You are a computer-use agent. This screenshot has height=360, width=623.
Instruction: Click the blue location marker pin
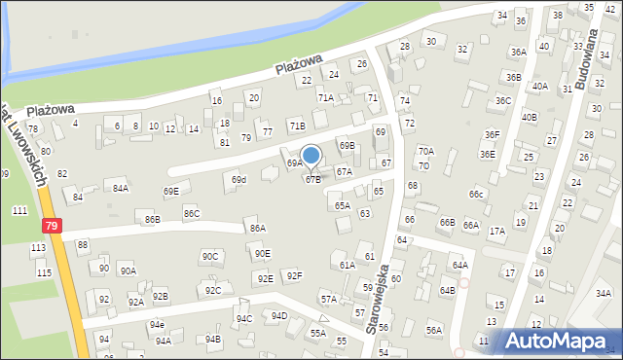point(311,156)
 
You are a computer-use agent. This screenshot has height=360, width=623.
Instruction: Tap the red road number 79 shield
point(51,226)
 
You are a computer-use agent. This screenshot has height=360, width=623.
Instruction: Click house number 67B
point(312,179)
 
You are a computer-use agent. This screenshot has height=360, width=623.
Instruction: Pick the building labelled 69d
point(238,180)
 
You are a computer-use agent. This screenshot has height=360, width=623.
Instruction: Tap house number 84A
point(120,189)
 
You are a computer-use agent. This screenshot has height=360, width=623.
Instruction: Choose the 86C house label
point(191,213)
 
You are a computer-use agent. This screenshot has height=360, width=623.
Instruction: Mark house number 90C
point(210,256)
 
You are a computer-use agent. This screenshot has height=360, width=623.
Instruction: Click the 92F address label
point(293,276)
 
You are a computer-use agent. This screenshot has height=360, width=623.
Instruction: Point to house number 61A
point(347,265)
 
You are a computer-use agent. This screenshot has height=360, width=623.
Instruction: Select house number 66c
point(476,194)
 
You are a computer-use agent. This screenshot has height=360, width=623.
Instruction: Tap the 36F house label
point(492,134)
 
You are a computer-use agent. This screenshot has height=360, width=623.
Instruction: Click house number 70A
point(425,151)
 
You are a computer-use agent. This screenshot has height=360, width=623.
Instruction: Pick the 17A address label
point(496,231)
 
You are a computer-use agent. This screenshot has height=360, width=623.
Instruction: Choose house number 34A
point(604,293)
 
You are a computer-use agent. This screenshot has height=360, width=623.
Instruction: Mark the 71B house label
point(296,126)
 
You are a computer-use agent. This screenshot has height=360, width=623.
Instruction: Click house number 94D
point(278,316)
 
